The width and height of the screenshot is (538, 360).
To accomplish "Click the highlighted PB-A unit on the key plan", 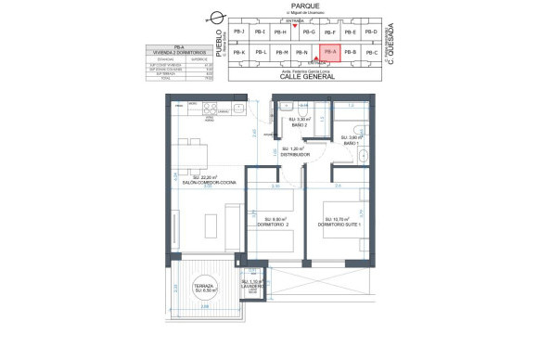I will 329,53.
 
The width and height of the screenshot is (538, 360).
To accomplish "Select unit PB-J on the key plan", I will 240,32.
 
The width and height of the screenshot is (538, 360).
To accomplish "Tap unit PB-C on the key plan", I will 371,53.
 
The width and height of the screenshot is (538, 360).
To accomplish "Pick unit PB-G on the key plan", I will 309,32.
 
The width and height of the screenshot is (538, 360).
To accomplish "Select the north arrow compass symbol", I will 217,16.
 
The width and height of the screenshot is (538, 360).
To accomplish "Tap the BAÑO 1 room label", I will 351,143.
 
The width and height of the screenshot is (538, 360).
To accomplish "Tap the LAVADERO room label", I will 253,287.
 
